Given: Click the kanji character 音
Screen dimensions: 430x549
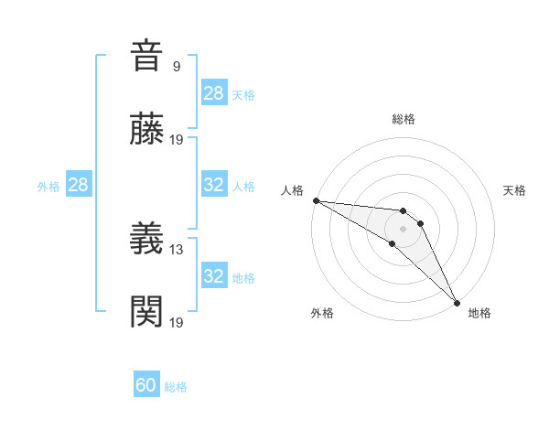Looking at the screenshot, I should [147, 56].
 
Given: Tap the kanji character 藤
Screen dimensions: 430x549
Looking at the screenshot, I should [147, 131].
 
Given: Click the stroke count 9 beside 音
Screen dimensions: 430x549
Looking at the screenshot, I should [177, 67].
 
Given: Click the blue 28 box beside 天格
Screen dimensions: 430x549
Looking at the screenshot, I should [214, 93].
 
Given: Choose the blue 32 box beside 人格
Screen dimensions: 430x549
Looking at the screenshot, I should [214, 185].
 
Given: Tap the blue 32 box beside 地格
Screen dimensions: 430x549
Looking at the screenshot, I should [214, 276].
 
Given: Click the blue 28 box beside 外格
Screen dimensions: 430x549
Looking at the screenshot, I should [78, 185].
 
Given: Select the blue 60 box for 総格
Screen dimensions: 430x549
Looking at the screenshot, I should [146, 385].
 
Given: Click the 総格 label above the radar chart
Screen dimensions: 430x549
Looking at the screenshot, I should [404, 119].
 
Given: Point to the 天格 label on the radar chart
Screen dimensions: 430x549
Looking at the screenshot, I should [515, 190].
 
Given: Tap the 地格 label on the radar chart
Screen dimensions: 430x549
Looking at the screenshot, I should [479, 313].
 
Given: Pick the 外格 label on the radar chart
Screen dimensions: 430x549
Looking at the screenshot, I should [322, 313].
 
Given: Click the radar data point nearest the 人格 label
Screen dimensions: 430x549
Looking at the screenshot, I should [316, 199].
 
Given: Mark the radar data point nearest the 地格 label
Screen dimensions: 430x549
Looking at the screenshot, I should [457, 302].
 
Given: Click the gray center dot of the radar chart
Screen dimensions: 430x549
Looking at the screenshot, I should [403, 228].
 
